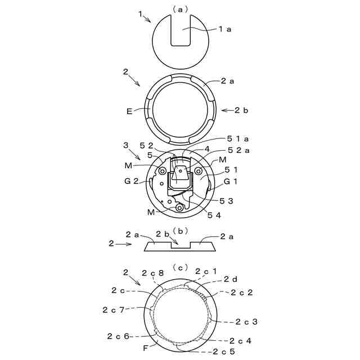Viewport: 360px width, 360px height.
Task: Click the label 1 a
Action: point(225,29)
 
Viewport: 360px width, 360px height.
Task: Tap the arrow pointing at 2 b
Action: point(227,110)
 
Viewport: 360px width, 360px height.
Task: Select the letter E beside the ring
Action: point(129,111)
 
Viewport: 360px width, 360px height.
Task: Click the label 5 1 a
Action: point(238,139)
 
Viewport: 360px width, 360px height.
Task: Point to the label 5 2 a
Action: point(238,150)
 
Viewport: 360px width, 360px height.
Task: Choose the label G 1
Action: point(230,182)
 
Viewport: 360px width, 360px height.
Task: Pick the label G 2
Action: point(131,181)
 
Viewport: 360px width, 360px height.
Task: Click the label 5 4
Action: point(214,215)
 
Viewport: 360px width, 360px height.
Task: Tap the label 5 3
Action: point(226,201)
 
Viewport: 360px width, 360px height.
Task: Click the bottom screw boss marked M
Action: point(179,208)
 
